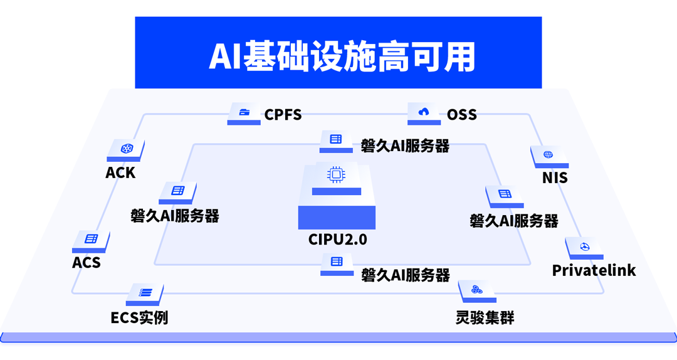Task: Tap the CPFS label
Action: pyautogui.click(x=283, y=115)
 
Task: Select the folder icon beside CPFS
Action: pyautogui.click(x=244, y=112)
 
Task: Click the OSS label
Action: pyautogui.click(x=462, y=115)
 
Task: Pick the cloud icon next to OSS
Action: pyautogui.click(x=424, y=112)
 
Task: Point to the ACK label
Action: pyautogui.click(x=120, y=172)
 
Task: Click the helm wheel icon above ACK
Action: pyautogui.click(x=125, y=149)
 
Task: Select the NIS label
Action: pyautogui.click(x=555, y=178)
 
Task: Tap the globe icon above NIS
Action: pyautogui.click(x=548, y=154)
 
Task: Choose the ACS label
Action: pyautogui.click(x=87, y=263)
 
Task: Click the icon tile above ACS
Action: pyautogui.click(x=92, y=239)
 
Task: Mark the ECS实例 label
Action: pyautogui.click(x=139, y=317)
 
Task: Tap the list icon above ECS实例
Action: pyautogui.click(x=145, y=292)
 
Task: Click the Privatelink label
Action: pyautogui.click(x=594, y=270)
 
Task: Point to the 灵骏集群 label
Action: pyautogui.click(x=485, y=317)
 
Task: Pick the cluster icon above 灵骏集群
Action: pyautogui.click(x=477, y=289)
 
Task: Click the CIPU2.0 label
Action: pyautogui.click(x=337, y=240)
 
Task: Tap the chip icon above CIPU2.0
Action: pyautogui.click(x=337, y=175)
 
